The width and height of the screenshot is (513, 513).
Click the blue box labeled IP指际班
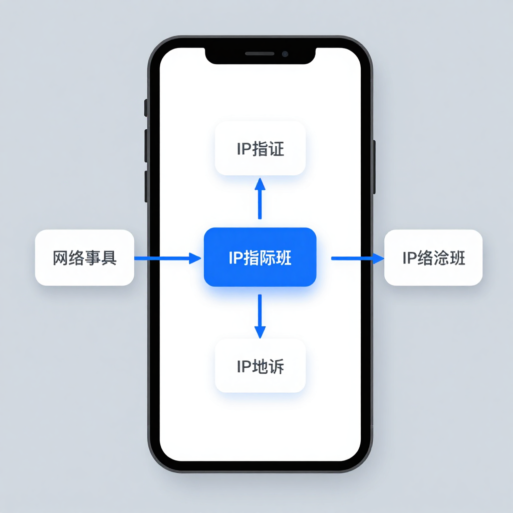pos(260,257)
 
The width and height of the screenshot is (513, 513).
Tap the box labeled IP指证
pos(260,148)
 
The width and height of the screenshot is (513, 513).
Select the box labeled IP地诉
pos(260,366)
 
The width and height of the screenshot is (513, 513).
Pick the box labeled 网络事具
pos(84,258)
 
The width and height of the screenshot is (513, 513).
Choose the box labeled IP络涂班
pos(433,258)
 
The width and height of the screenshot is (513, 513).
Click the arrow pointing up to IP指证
pos(260,198)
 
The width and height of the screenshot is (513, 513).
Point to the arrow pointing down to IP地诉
pos(260,316)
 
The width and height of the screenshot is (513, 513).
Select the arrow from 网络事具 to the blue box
pos(167,259)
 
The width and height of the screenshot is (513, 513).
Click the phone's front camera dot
pos(285,54)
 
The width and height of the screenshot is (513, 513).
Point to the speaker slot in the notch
pos(260,54)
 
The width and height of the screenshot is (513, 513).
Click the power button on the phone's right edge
pos(374,167)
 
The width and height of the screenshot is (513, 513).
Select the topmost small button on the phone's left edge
pos(146,107)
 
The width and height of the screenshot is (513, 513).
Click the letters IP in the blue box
pos(235,258)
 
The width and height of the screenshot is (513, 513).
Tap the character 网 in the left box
pos(61,258)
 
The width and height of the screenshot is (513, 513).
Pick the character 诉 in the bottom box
pos(276,367)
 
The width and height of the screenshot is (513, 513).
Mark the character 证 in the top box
pos(276,149)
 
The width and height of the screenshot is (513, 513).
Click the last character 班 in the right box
pos(457,258)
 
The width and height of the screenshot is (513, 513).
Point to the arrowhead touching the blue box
pos(195,259)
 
